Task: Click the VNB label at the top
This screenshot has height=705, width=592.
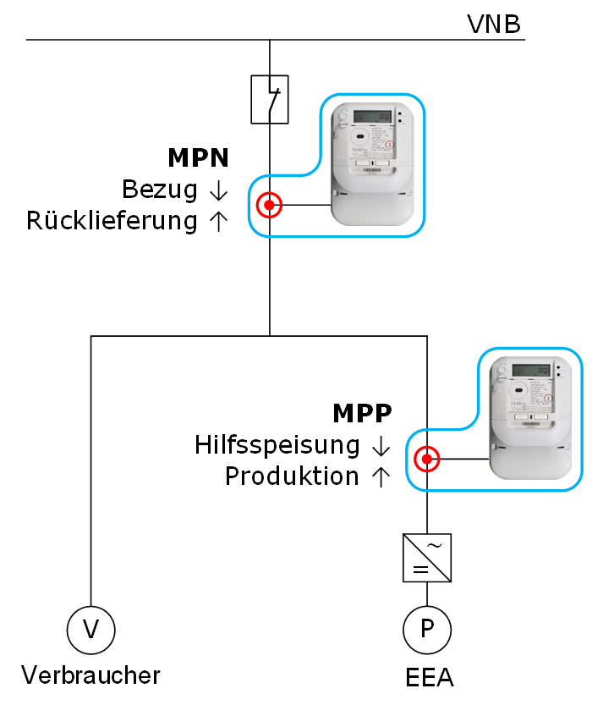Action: click(494, 23)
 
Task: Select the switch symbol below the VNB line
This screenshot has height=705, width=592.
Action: click(270, 100)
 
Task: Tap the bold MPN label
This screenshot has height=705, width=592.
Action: click(199, 157)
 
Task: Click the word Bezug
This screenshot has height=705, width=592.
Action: click(159, 189)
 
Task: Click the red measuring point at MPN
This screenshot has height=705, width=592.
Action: click(269, 205)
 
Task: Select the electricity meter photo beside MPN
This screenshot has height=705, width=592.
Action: click(373, 164)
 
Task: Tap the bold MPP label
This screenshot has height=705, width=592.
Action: click(362, 413)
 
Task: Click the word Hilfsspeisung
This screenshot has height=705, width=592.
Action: click(277, 444)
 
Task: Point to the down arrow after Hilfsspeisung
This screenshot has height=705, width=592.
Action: click(381, 445)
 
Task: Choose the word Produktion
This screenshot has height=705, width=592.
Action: click(292, 476)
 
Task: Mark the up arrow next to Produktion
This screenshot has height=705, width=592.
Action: click(381, 476)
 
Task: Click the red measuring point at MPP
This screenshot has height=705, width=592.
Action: click(427, 460)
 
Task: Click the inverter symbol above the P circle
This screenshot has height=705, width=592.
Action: click(427, 558)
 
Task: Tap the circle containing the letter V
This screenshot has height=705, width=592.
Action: click(90, 629)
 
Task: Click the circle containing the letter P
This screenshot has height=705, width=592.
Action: click(427, 629)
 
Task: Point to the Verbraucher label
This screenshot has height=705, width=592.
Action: click(90, 675)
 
